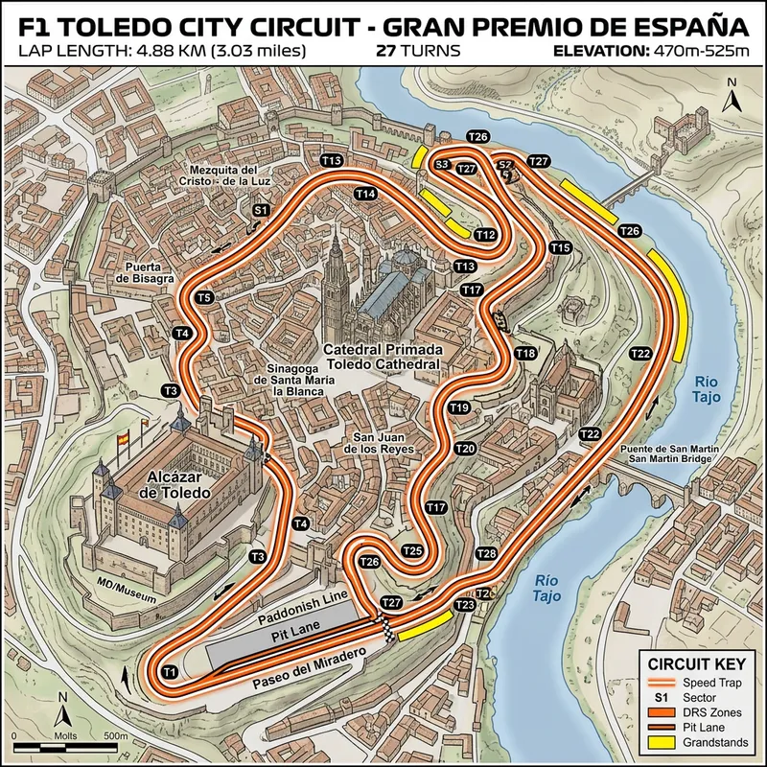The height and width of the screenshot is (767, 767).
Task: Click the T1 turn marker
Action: click(169, 670)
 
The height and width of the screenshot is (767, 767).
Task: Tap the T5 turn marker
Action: click(204, 298)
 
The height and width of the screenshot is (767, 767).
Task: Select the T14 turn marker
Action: click(364, 194)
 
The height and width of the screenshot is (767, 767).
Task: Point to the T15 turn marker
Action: click(561, 248)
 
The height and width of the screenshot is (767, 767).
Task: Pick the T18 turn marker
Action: click(525, 354)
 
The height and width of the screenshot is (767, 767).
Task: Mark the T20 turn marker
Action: click(465, 448)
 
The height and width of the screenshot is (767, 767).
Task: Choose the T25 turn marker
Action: click(412, 550)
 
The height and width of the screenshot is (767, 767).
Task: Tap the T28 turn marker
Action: click(486, 554)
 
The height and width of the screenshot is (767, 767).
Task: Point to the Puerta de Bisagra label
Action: click(146, 272)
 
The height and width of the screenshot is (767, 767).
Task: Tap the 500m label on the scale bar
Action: click(116, 735)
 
